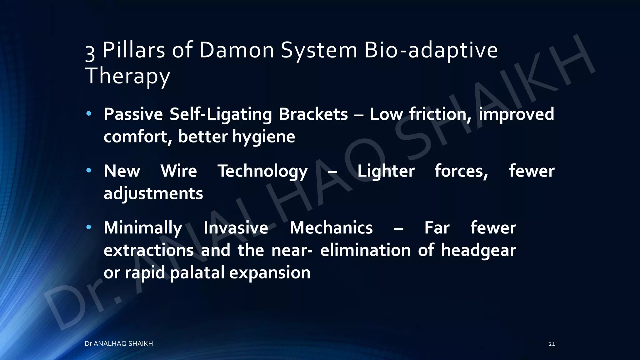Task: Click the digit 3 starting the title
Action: pyautogui.click(x=90, y=52)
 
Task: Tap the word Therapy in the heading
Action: pyautogui.click(x=127, y=76)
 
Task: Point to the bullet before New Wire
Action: pyautogui.click(x=89, y=170)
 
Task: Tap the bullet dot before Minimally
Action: pyautogui.click(x=89, y=227)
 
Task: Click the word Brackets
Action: pyautogui.click(x=313, y=114)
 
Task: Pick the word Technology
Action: pyautogui.click(x=262, y=171)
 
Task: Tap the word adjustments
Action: pyautogui.click(x=153, y=194)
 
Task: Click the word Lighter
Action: pyautogui.click(x=386, y=171)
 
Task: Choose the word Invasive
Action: pyautogui.click(x=236, y=228)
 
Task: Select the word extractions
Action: pyautogui.click(x=148, y=251)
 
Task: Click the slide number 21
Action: pyautogui.click(x=552, y=344)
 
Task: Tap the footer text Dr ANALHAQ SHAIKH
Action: pyautogui.click(x=119, y=344)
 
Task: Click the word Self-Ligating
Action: pyautogui.click(x=221, y=114)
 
